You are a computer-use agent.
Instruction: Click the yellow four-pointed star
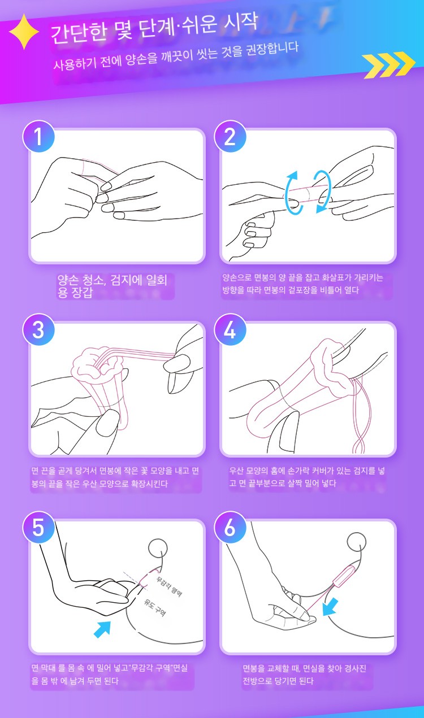tap(24, 32)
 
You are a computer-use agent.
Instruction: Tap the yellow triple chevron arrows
tap(389, 64)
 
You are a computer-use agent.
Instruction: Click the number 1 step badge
tap(38, 137)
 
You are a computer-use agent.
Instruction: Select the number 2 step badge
tap(230, 137)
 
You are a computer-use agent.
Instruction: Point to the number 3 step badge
tap(38, 330)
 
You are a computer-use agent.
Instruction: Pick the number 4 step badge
tap(230, 330)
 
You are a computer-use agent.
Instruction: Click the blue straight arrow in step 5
tap(102, 629)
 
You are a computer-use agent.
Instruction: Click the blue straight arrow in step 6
tap(330, 606)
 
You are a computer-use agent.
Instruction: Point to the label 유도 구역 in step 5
tap(154, 607)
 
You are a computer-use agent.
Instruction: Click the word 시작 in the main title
tap(240, 23)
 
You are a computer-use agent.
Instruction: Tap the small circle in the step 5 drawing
tap(158, 549)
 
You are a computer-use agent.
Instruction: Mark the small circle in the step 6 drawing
tap(357, 542)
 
